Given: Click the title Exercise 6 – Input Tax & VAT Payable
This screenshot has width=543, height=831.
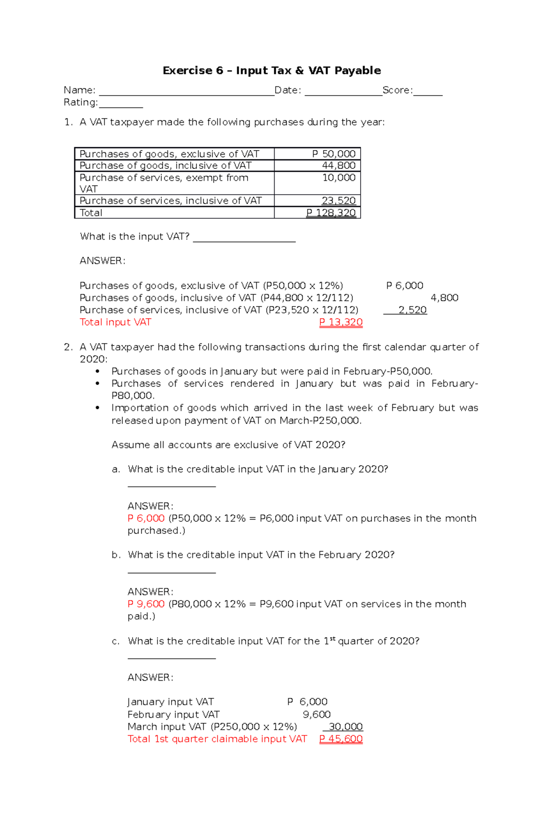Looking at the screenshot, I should click(271, 71).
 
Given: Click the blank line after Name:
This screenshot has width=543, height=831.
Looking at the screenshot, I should click(186, 92).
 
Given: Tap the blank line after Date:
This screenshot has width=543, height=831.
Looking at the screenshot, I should click(343, 92).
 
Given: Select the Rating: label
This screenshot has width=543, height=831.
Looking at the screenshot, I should click(81, 102).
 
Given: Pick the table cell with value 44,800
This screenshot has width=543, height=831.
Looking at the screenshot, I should click(338, 166).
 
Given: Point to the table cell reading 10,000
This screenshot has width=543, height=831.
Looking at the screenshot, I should click(338, 178).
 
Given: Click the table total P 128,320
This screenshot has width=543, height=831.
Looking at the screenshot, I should click(331, 213).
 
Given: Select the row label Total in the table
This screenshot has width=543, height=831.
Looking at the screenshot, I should click(91, 213).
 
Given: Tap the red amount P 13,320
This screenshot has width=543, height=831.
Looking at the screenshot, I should click(341, 322).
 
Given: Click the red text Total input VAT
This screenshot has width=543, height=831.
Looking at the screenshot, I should click(115, 322).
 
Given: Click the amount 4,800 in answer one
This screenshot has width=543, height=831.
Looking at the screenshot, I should click(444, 298).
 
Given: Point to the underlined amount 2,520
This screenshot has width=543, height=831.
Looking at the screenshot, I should click(412, 310).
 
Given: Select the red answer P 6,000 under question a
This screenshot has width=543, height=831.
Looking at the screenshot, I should click(146, 519).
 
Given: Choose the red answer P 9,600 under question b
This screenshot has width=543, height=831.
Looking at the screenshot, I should click(146, 604).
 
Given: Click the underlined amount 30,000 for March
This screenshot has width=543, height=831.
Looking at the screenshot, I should click(345, 727).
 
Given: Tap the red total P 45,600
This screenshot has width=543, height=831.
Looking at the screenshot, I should click(341, 739).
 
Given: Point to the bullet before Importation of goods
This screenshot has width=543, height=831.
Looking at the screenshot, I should click(97, 408).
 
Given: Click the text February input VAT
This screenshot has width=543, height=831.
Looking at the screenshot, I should click(173, 715).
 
